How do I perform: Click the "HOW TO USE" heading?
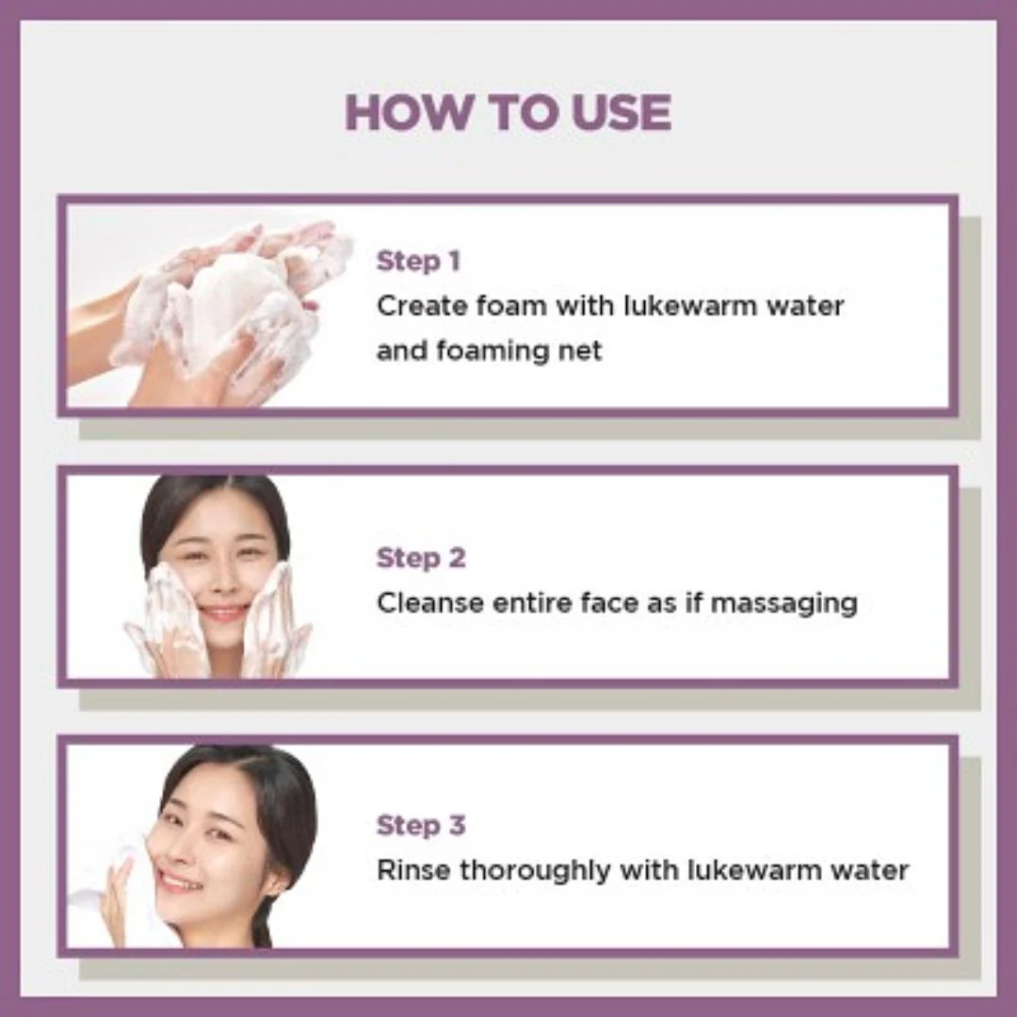click(508, 113)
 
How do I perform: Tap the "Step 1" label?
click(418, 261)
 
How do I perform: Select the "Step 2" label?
click(421, 557)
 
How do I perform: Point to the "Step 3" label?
click(421, 826)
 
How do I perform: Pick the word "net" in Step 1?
click(580, 350)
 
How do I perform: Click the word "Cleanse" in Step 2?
click(429, 603)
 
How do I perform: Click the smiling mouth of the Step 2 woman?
click(223, 613)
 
